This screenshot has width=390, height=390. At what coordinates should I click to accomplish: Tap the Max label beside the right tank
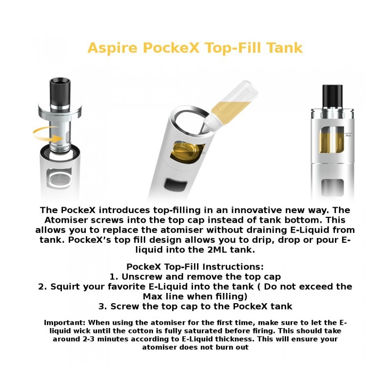click(348, 135)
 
